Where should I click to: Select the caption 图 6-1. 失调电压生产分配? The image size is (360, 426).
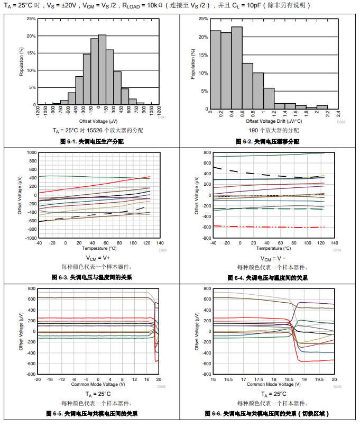[92, 141]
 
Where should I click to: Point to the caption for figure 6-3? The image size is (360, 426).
[92, 277]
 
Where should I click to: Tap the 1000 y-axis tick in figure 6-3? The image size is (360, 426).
[30, 152]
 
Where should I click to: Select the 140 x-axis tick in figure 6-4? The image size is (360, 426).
[335, 243]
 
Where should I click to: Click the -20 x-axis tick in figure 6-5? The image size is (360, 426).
[38, 379]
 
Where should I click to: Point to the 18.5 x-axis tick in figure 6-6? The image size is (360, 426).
[289, 379]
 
